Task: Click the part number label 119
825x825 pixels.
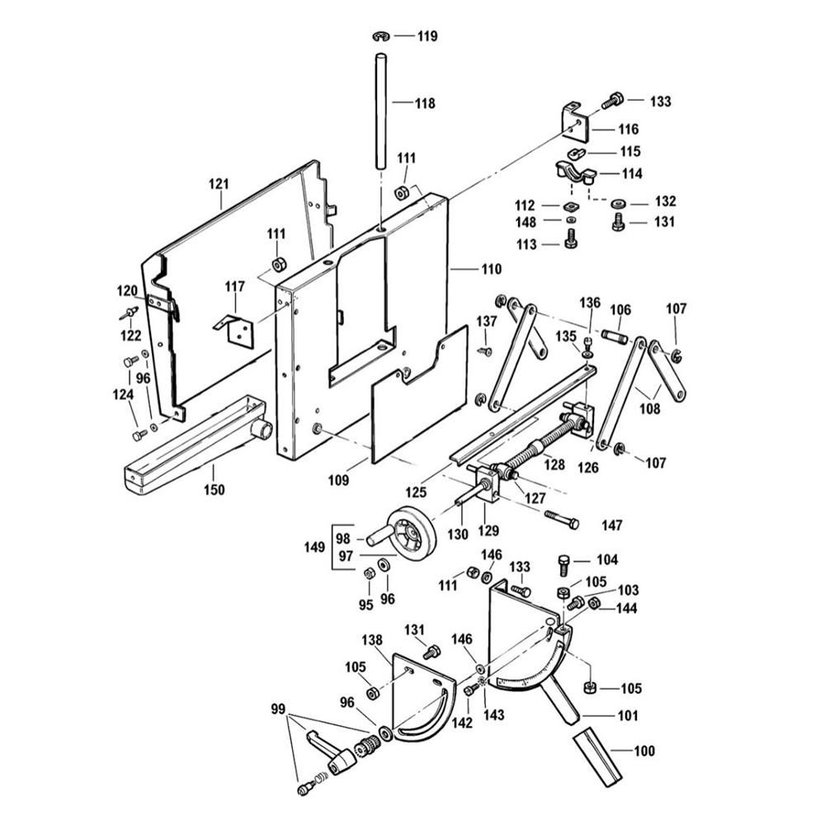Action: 427,36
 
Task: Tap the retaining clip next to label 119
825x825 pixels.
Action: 381,35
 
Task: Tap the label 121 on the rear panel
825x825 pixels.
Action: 218,182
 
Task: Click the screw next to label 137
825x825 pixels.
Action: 486,350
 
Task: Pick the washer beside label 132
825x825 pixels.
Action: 618,201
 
